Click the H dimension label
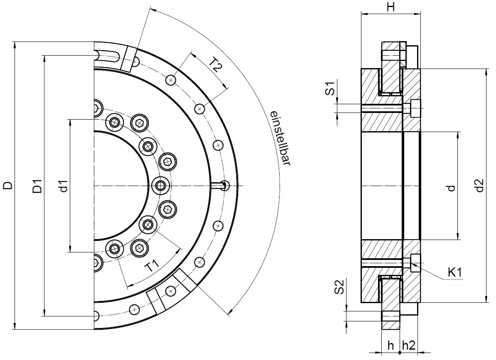coord(390,7)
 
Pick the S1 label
coord(329,89)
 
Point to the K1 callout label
coord(455,273)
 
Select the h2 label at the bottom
coord(408,345)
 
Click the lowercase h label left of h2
coord(390,345)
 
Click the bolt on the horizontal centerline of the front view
coord(161,185)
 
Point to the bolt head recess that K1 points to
coord(415,263)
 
